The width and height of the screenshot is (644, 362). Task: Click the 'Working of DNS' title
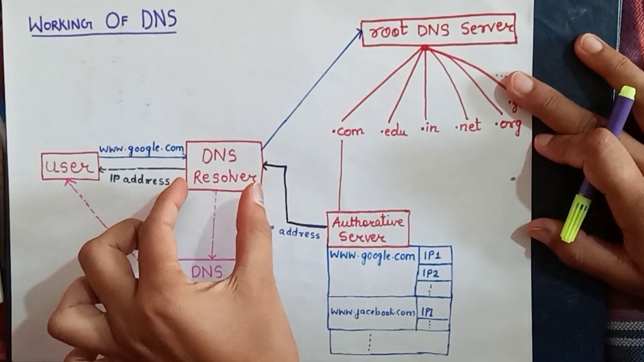103,23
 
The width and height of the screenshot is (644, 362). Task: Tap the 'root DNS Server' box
439,30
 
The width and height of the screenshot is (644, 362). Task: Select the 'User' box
70,166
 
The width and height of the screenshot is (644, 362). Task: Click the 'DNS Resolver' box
224,166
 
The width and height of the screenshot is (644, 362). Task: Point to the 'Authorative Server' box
368,228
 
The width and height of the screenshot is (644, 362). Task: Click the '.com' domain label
348,131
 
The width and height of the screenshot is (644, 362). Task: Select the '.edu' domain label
395,131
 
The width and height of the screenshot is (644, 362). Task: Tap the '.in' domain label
430,128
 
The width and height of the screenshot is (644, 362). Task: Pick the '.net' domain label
468,126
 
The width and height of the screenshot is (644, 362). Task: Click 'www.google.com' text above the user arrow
141,149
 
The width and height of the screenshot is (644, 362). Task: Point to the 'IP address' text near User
139,180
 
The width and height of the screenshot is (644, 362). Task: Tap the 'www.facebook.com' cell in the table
372,312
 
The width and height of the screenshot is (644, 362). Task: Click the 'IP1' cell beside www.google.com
432,255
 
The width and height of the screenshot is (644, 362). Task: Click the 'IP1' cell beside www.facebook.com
429,312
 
